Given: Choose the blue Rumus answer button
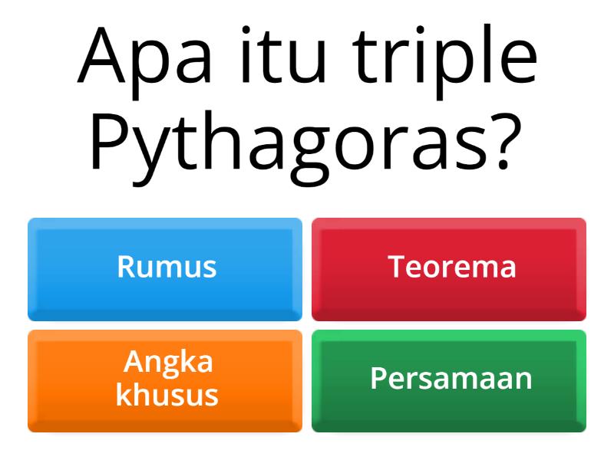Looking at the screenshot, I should pos(165,268).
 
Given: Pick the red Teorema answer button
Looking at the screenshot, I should pos(449,268).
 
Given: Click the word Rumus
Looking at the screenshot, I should pos(167,267).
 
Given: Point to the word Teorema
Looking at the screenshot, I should pos(452,267).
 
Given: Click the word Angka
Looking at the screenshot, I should pos(168,362).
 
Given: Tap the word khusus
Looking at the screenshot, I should pos(167,396).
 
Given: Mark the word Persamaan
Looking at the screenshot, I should pos(451,379).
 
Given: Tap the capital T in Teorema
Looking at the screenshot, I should pos(396,267).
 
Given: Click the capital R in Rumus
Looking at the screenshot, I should pos(126,267).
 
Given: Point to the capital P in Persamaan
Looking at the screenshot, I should pos(378,379).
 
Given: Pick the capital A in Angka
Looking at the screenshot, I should pos(134,361).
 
